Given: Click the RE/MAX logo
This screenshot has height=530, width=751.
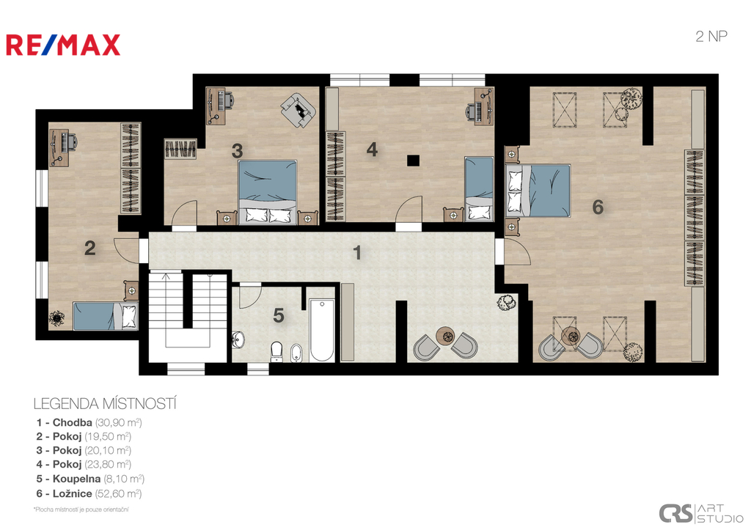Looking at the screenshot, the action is pyautogui.click(x=63, y=45).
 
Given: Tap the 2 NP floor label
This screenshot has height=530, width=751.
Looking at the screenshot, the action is pyautogui.click(x=711, y=37).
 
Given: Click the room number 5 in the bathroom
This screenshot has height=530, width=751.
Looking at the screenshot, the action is pyautogui.click(x=278, y=315).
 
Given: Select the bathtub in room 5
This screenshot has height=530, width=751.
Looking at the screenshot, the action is pyautogui.click(x=321, y=331).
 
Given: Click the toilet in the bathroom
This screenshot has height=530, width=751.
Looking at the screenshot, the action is pyautogui.click(x=276, y=350).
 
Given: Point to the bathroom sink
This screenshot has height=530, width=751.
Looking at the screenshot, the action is pyautogui.click(x=238, y=339).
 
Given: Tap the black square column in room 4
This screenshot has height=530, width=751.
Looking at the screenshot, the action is pyautogui.click(x=413, y=161).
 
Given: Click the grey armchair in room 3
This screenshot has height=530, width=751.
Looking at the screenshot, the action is pyautogui.click(x=298, y=110).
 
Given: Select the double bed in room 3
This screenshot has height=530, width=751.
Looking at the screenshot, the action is pyautogui.click(x=268, y=191).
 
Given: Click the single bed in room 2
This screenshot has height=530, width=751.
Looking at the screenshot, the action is pyautogui.click(x=106, y=316).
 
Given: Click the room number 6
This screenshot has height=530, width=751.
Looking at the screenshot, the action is pyautogui.click(x=597, y=207).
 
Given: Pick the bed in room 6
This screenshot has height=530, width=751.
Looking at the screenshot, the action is pyautogui.click(x=538, y=191).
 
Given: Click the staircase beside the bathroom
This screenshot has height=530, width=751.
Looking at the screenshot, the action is pyautogui.click(x=187, y=315).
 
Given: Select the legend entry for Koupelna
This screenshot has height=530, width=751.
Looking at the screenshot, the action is pyautogui.click(x=90, y=479).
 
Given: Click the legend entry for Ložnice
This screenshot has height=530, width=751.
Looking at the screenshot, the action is pyautogui.click(x=89, y=493).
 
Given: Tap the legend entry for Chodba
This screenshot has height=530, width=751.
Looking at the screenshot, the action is pyautogui.click(x=89, y=422).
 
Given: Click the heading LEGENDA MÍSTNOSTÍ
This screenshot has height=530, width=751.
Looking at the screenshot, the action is pyautogui.click(x=105, y=404).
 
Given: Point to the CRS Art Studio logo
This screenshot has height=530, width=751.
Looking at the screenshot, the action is pyautogui.click(x=700, y=513).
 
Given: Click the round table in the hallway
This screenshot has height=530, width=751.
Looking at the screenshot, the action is pyautogui.click(x=446, y=334).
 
